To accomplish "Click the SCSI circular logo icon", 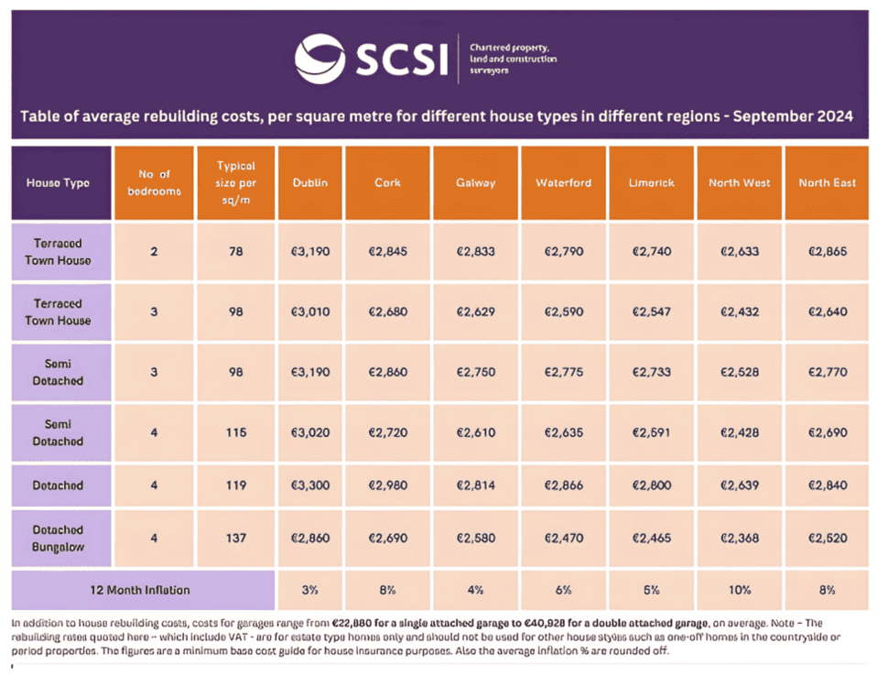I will [320, 58].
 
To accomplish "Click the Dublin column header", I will [310, 182].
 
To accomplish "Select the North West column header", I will [739, 182].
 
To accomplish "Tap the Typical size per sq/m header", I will [235, 182].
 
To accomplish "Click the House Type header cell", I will [58, 182].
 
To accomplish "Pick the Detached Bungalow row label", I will [58, 538].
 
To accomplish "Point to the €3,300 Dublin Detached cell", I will [310, 485].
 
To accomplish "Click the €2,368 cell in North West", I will [739, 538].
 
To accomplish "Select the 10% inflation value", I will [739, 590].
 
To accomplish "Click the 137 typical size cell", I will [235, 538].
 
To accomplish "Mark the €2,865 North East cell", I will [827, 251].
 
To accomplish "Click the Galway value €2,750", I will [476, 372].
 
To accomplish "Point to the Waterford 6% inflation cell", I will [562, 590].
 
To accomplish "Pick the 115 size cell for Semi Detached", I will [235, 432].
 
